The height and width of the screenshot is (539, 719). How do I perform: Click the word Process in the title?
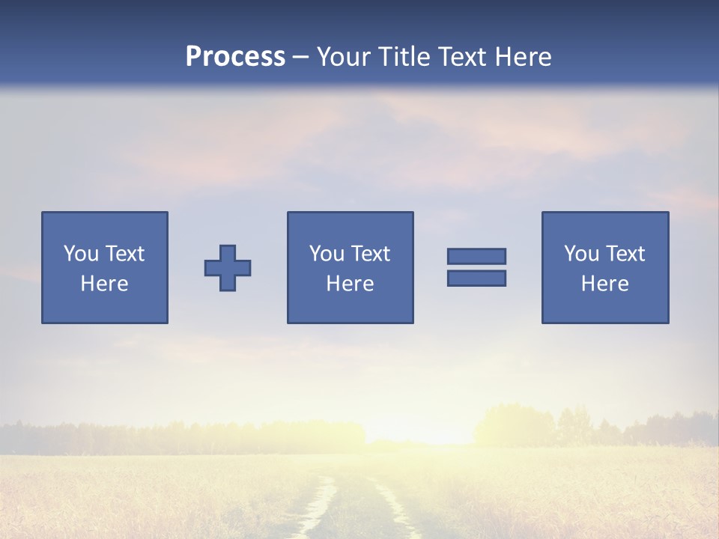(x=235, y=57)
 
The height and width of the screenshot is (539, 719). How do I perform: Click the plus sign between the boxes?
(x=228, y=268)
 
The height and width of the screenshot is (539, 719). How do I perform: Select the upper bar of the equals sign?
(x=476, y=256)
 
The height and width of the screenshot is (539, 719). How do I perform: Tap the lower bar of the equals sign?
(x=476, y=278)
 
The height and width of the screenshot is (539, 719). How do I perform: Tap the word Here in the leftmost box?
(x=105, y=284)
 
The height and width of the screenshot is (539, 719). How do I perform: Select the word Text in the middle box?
(x=371, y=254)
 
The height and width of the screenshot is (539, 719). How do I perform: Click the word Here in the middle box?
(x=350, y=284)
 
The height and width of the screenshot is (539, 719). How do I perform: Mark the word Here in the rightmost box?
(x=605, y=284)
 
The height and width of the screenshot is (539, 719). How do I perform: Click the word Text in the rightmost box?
(x=625, y=254)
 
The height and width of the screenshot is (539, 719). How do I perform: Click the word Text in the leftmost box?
(x=125, y=254)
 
